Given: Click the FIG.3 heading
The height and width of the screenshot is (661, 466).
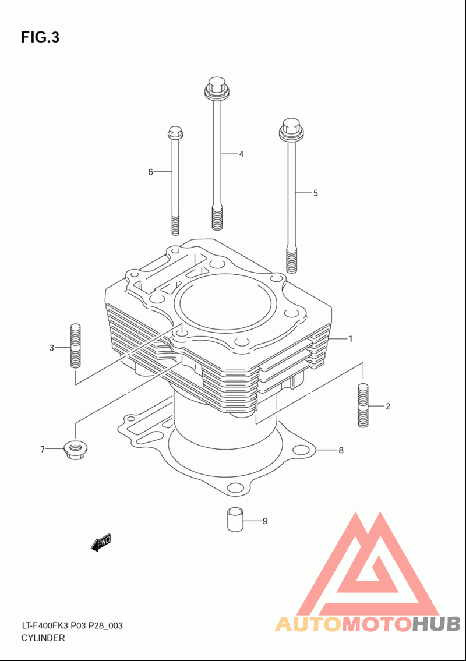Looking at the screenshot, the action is click(40, 37).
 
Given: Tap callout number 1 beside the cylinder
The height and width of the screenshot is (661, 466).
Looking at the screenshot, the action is click(351, 338).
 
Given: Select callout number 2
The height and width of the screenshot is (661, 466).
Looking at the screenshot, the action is click(387, 406).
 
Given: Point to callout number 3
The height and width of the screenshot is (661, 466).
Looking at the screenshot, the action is click(51, 348).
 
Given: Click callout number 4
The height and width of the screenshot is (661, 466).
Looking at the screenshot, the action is click(241, 154).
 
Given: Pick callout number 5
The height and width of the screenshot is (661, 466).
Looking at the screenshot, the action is click(315, 193).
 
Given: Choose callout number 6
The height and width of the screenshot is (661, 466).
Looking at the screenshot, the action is click(150, 172).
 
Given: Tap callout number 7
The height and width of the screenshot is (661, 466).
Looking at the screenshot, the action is click(43, 449).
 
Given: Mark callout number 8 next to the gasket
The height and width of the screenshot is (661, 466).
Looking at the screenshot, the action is click(341, 450).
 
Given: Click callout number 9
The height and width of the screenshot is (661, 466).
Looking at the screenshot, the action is click(264, 521).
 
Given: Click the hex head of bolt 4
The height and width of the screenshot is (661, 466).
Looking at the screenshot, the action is click(216, 86).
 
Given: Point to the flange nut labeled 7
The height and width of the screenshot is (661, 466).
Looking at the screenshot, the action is click(74, 450).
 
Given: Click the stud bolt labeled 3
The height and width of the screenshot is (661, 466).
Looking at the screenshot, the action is click(74, 344).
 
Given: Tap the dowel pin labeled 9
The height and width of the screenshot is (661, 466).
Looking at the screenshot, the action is click(234, 518).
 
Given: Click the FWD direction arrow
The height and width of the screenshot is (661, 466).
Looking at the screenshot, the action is click(101, 543).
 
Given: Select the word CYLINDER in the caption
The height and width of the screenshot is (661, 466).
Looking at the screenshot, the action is click(43, 638).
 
